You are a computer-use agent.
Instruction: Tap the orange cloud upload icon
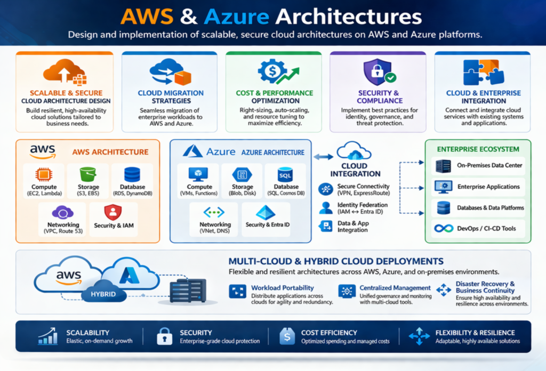coord(63,71)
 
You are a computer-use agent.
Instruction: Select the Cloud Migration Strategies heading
coord(171,96)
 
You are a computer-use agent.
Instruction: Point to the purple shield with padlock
coord(378,71)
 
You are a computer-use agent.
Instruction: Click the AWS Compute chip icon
coord(44,174)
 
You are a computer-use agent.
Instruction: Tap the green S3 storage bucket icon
coord(88,174)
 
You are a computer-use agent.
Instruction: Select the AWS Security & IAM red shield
coord(113,212)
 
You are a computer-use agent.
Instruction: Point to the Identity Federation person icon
coord(325,208)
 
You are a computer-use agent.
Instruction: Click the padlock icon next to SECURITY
coord(164,336)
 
